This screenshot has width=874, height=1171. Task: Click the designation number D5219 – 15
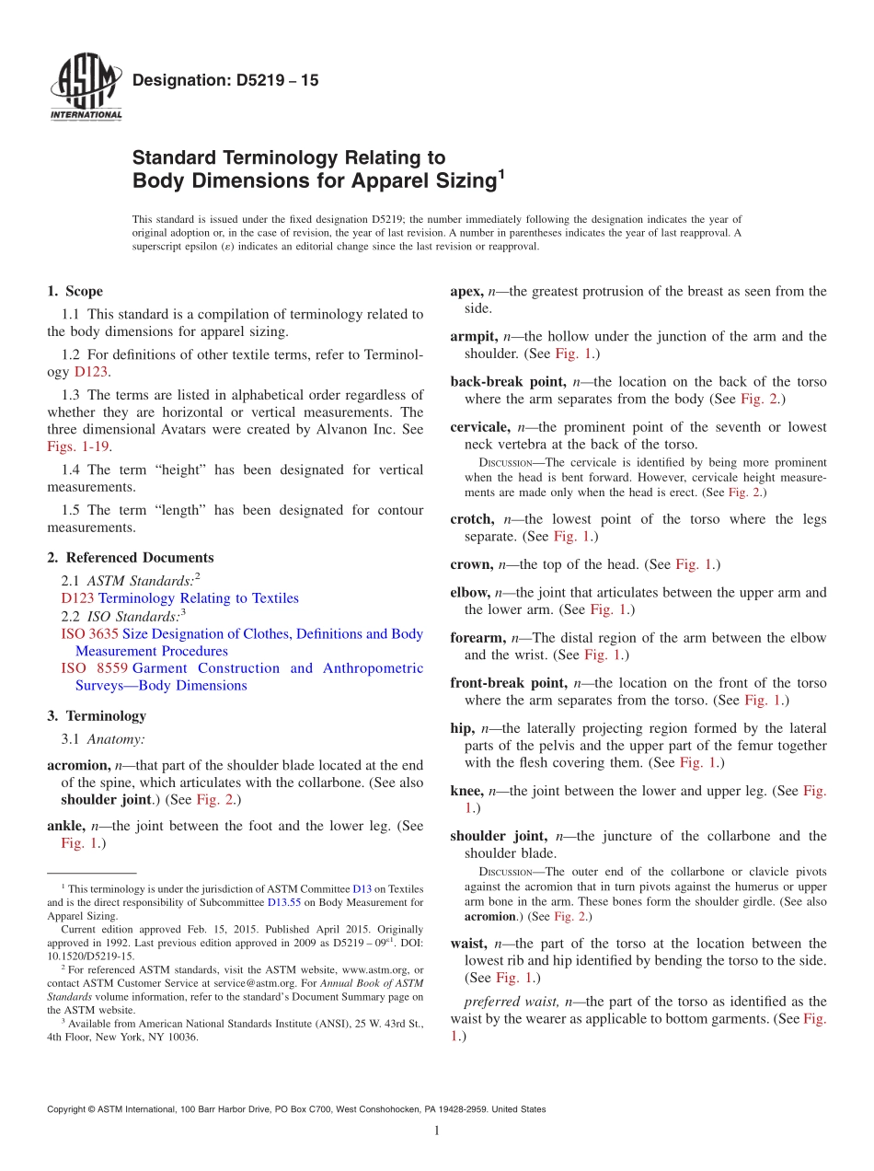(x=225, y=81)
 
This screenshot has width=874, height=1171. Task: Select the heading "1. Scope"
(x=75, y=291)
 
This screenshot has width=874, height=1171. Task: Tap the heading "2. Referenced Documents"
(x=130, y=558)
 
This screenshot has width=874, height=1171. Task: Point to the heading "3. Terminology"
(x=97, y=716)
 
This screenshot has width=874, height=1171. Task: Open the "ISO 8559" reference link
(x=93, y=668)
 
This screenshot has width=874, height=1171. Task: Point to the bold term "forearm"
(x=477, y=638)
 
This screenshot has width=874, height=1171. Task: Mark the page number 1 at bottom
(x=437, y=1130)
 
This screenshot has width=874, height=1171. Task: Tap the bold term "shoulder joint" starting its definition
(x=498, y=837)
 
